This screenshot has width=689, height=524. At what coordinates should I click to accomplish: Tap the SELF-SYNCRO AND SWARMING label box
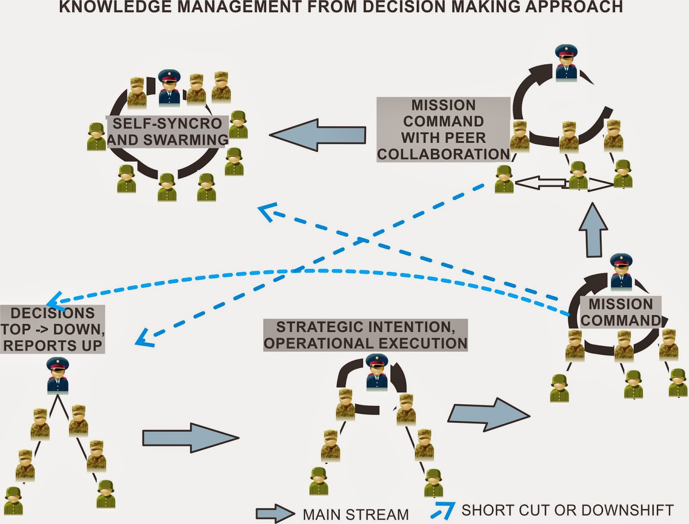[168, 132]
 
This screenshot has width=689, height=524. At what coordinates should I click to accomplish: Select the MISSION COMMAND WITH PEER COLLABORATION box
[443, 129]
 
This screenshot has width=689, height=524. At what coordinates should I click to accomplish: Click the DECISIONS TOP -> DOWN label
[53, 329]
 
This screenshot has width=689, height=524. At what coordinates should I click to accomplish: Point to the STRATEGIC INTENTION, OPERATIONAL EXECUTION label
[365, 335]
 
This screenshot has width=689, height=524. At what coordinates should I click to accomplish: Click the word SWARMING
[186, 140]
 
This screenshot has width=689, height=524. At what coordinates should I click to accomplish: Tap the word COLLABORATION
[443, 154]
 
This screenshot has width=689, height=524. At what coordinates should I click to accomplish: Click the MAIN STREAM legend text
[356, 514]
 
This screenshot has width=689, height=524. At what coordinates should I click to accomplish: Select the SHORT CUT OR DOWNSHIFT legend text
[567, 510]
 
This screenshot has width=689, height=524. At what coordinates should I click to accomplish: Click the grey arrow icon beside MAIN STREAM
[275, 514]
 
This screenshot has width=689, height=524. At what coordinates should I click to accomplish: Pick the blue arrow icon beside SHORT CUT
[443, 511]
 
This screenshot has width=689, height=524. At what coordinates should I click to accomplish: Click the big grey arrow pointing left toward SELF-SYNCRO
[318, 135]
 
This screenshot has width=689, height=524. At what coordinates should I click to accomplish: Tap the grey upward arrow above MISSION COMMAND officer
[593, 231]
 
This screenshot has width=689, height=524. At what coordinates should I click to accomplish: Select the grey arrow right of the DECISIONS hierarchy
[190, 438]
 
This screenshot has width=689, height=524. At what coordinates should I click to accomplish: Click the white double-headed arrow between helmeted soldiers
[564, 184]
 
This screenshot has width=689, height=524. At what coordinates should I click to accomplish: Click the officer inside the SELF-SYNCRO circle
[169, 88]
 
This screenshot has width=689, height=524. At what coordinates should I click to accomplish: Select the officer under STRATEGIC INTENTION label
[377, 372]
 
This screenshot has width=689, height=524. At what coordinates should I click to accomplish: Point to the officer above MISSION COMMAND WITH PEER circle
[566, 62]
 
